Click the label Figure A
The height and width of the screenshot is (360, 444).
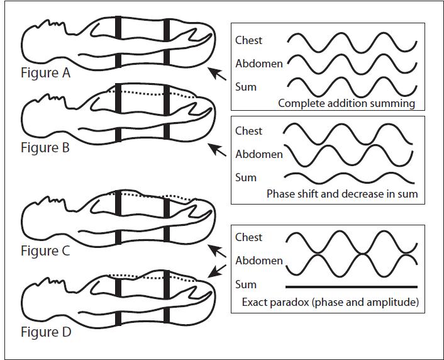pyautogui.click(x=45, y=72)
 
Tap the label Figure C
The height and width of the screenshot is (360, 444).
pyautogui.click(x=45, y=251)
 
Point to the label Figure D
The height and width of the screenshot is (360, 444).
pyautogui.click(x=46, y=332)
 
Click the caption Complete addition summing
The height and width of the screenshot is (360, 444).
pyautogui.click(x=347, y=103)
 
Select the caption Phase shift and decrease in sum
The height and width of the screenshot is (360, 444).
pyautogui.click(x=342, y=194)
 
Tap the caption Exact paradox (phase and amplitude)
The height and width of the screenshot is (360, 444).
pyautogui.click(x=330, y=302)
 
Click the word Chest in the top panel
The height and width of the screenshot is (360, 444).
pyautogui.click(x=248, y=40)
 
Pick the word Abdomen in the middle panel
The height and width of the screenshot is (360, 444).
pyautogui.click(x=259, y=154)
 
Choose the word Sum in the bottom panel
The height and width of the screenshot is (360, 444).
pyautogui.click(x=246, y=284)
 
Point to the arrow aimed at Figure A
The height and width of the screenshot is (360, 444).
pyautogui.click(x=218, y=74)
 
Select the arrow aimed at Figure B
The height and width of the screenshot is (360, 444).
pyautogui.click(x=218, y=150)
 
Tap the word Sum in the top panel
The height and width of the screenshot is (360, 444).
pyautogui.click(x=246, y=87)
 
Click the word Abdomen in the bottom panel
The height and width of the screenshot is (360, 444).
pyautogui.click(x=259, y=261)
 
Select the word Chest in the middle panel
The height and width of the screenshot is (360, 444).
pyautogui.click(x=248, y=131)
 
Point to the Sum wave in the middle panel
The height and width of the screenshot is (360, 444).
pyautogui.click(x=349, y=177)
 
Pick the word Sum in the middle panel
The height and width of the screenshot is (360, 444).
pyautogui.click(x=246, y=177)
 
